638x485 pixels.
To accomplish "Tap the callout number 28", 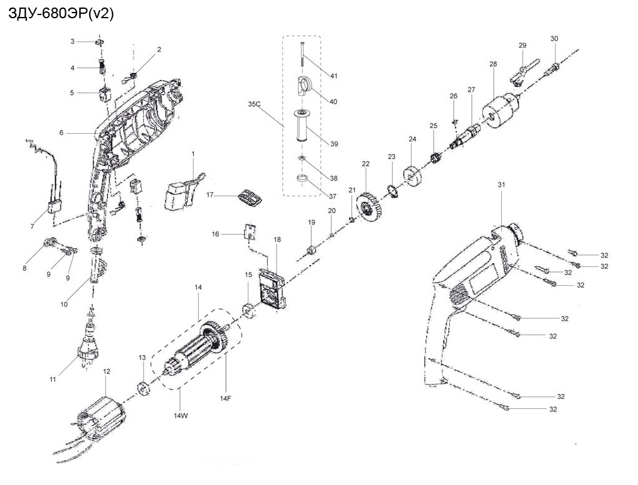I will pos(493,65).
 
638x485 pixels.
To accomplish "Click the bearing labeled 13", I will pos(142,387).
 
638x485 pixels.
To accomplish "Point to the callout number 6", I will pos(61,133).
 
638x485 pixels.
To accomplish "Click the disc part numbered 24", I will pos(413,175).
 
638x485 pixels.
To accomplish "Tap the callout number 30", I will pos(554,39).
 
